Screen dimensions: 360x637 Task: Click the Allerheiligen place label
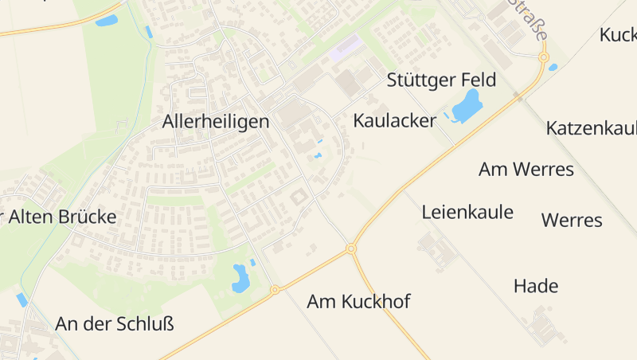pos(216,122)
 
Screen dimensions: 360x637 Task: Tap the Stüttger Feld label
pos(441,80)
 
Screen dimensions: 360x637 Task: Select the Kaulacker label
pos(395,121)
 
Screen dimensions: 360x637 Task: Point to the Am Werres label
pos(526,169)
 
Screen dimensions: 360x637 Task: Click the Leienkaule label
pos(467,212)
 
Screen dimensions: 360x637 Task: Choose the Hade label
pos(536,286)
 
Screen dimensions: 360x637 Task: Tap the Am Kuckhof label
pos(358,302)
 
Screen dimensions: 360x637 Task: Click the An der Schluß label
pos(115,324)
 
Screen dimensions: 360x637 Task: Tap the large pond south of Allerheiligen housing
pos(240,277)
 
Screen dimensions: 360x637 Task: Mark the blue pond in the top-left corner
pos(106,21)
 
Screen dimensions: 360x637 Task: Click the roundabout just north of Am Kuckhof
pos(350,249)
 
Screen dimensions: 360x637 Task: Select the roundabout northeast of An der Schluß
pos(275,290)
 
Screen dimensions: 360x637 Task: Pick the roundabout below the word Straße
pos(544,57)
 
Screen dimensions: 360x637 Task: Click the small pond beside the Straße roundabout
pos(553,67)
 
